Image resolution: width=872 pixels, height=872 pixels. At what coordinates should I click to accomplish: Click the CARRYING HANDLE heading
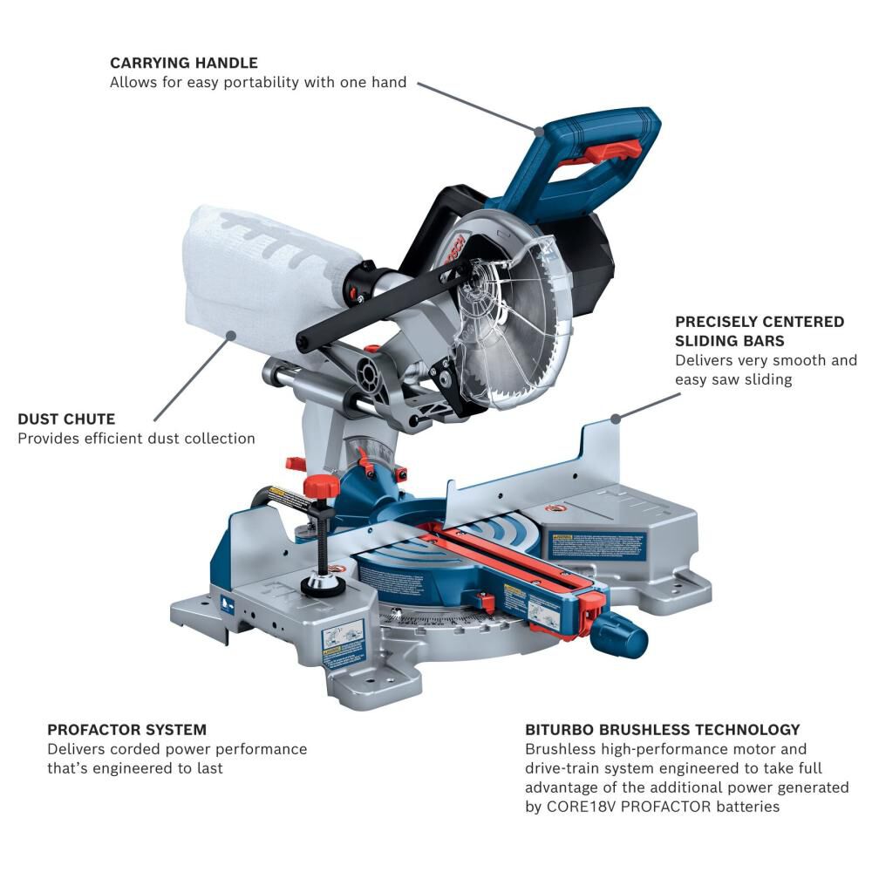click(x=183, y=63)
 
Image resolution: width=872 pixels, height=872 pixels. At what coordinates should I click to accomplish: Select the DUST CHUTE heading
click(x=66, y=419)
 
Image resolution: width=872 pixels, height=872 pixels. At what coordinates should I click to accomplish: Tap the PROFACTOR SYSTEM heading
click(x=126, y=729)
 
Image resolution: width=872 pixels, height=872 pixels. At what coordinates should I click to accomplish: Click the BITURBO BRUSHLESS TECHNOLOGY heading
click(x=662, y=729)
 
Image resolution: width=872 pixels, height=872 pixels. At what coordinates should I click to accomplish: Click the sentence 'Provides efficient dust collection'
click(x=136, y=439)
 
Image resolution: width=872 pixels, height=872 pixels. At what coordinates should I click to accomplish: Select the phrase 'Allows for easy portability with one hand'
click(x=258, y=83)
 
